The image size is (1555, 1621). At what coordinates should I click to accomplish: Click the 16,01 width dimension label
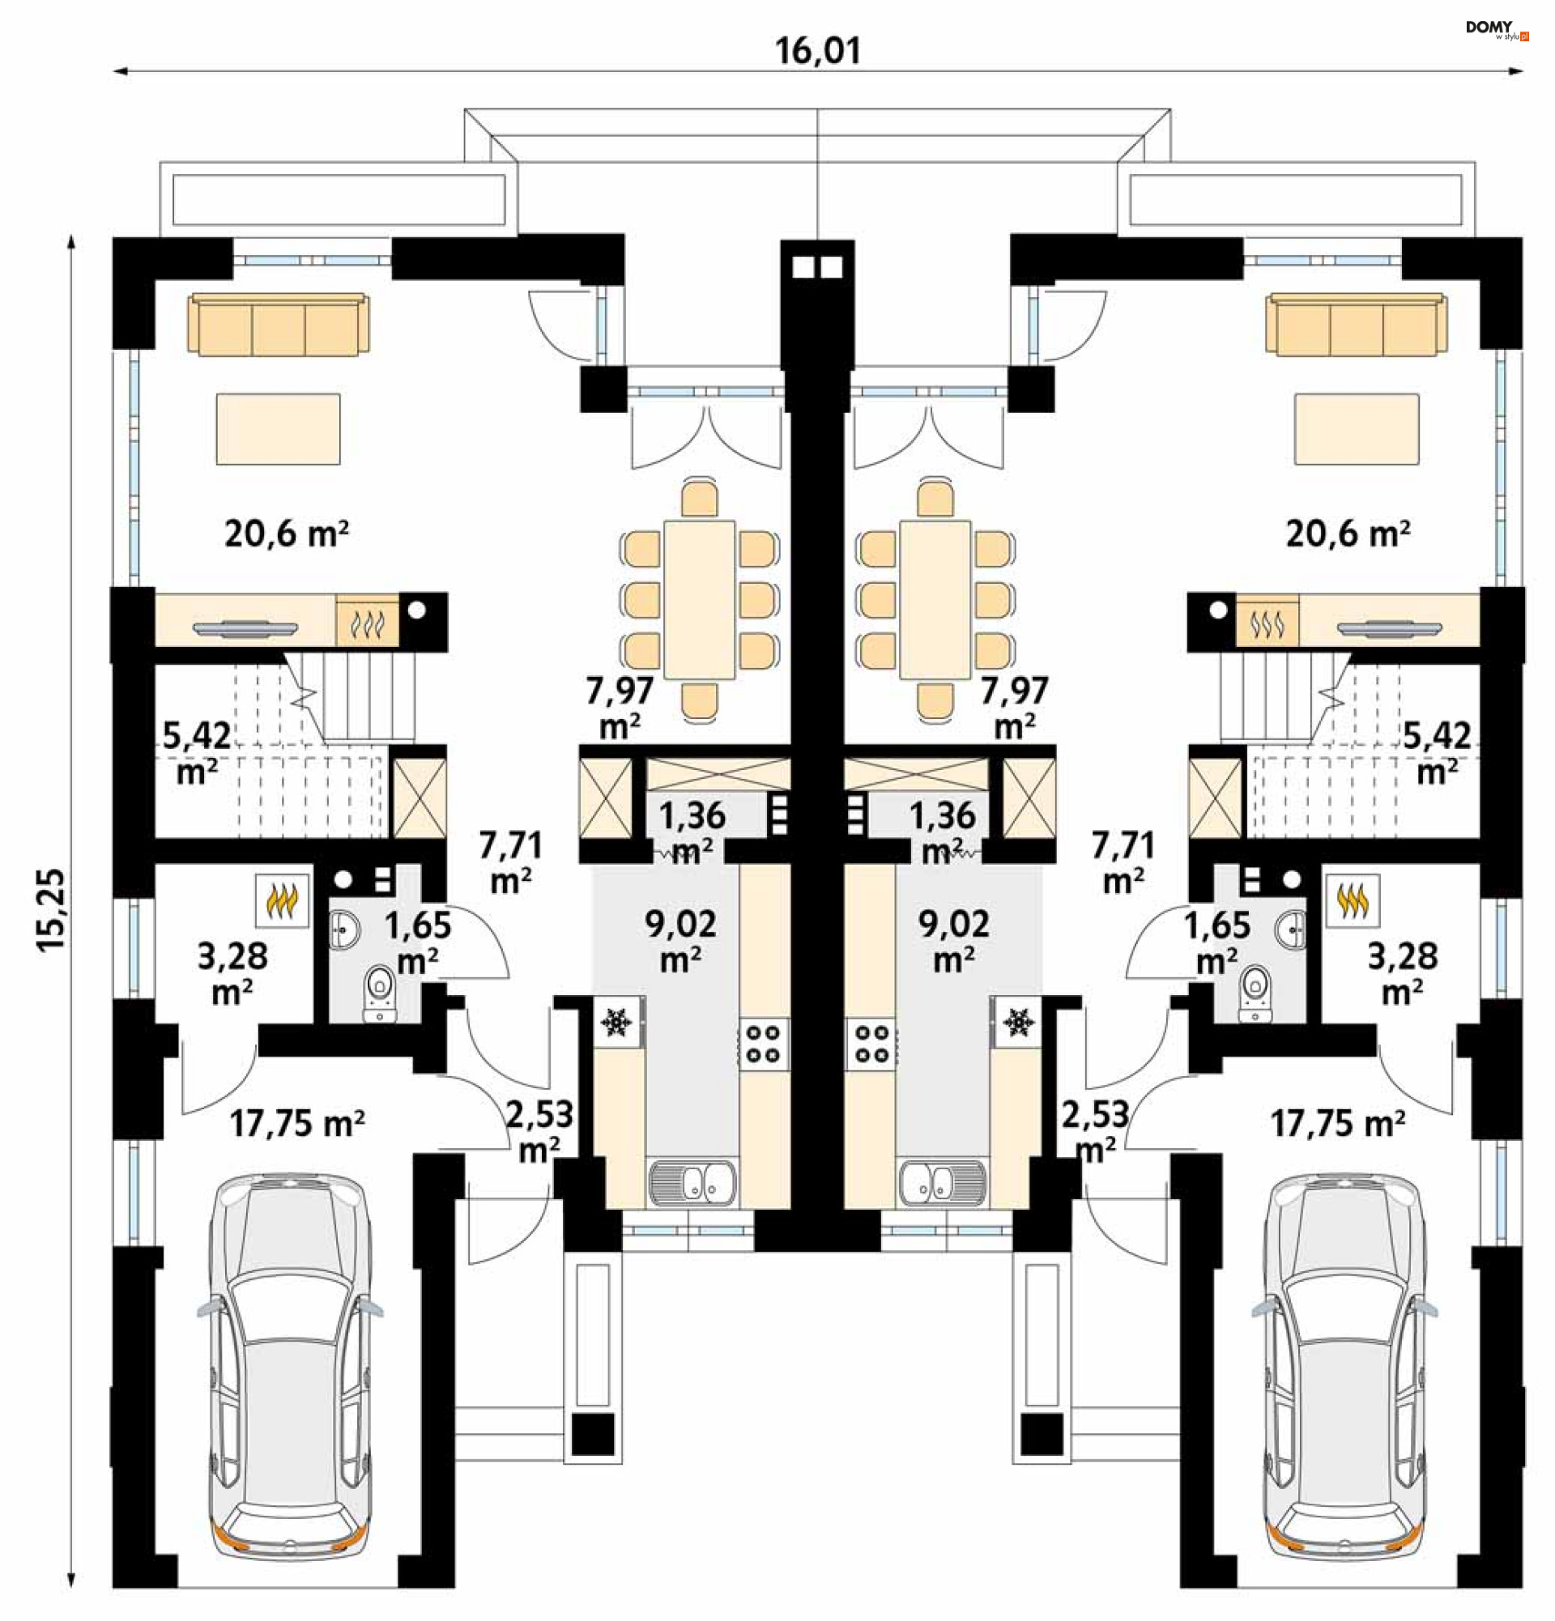(817, 50)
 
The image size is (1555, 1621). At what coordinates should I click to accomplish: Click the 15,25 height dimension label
(50, 910)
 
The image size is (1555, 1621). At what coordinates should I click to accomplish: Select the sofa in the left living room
(279, 324)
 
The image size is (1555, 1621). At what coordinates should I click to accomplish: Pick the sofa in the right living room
(1357, 324)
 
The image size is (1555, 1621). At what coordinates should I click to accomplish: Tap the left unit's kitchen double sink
(693, 1182)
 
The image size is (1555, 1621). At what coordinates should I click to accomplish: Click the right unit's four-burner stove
(870, 1044)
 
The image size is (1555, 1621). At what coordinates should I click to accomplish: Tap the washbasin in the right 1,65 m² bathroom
(1291, 929)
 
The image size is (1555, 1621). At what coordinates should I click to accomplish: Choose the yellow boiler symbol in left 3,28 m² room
(281, 900)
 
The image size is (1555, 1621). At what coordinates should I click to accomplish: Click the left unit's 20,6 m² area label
(286, 534)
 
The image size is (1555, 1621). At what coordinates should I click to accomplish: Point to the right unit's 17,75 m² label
(1337, 1124)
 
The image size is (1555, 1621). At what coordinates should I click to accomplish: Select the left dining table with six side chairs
(700, 600)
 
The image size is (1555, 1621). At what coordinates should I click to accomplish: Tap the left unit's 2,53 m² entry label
(539, 1130)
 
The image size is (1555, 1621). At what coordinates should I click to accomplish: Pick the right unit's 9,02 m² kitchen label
(954, 940)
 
